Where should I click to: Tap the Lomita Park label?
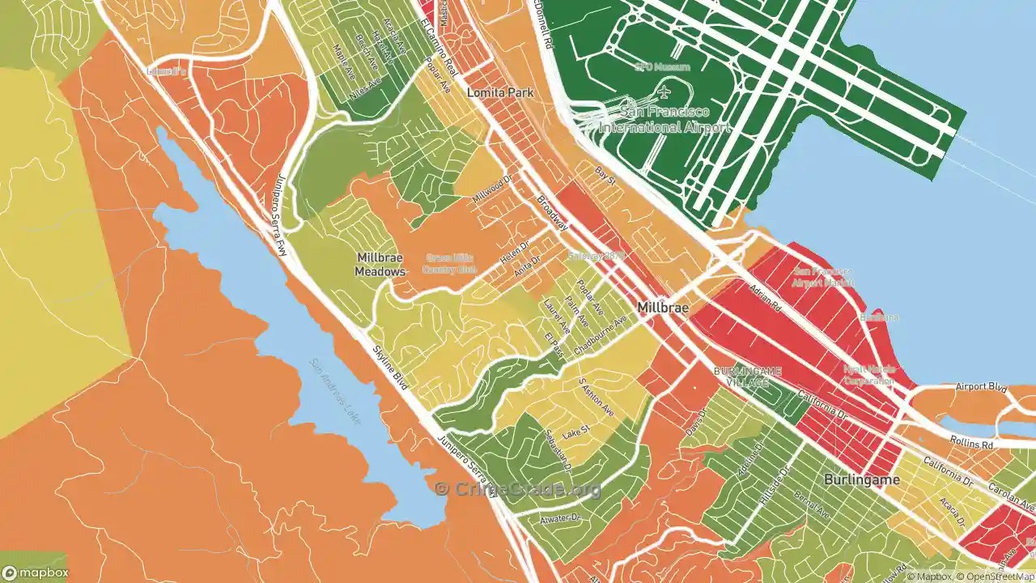tap(500, 93)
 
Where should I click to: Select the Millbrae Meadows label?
tap(380, 265)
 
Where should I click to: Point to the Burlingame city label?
tap(861, 479)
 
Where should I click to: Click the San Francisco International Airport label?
tap(664, 119)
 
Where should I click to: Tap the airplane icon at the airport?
tap(664, 91)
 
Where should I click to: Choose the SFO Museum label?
tap(662, 67)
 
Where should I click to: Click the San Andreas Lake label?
tap(335, 394)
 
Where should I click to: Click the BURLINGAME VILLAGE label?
tap(747, 377)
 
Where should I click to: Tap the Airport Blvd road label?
tap(980, 387)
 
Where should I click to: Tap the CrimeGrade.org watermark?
tap(518, 489)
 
